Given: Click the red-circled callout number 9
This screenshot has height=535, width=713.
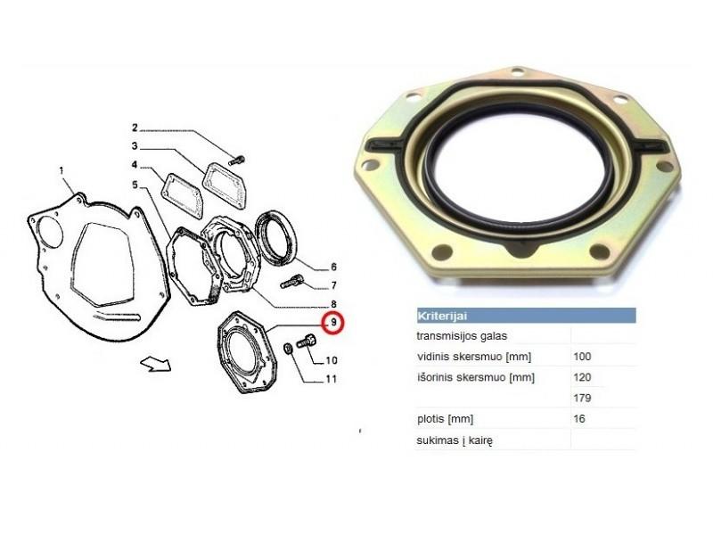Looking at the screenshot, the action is pyautogui.click(x=333, y=323).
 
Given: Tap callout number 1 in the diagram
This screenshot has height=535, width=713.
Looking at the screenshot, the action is pyautogui.click(x=61, y=170).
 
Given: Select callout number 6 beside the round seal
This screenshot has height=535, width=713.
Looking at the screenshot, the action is pyautogui.click(x=333, y=267).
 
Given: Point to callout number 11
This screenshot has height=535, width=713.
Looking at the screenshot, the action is pyautogui.click(x=331, y=379).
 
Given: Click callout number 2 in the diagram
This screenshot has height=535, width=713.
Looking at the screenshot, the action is pyautogui.click(x=135, y=128).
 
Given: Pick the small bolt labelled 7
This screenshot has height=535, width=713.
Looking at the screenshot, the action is pyautogui.click(x=291, y=282).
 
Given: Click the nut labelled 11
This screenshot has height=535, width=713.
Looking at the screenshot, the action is pyautogui.click(x=288, y=350).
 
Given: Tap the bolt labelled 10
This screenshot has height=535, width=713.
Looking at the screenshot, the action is pyautogui.click(x=307, y=341).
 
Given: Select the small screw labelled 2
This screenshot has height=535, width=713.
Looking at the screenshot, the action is pyautogui.click(x=237, y=160).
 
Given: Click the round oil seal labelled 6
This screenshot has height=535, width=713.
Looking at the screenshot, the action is pyautogui.click(x=276, y=238).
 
